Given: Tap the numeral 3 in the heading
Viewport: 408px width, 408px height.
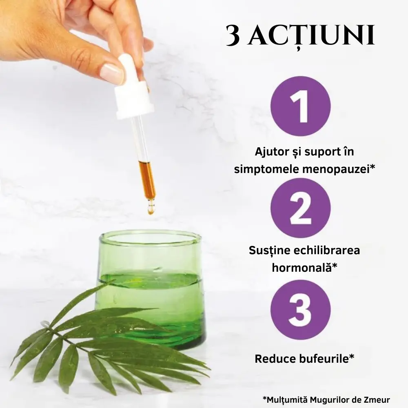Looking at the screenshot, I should tap(233, 36).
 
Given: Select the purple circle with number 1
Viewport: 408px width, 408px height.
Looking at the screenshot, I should tap(300, 106).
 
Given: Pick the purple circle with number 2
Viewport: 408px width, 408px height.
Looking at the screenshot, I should tap(300, 208).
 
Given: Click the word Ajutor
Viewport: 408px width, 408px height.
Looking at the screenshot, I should tap(272, 152).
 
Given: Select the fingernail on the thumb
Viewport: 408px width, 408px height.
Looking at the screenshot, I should tap(112, 73).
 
